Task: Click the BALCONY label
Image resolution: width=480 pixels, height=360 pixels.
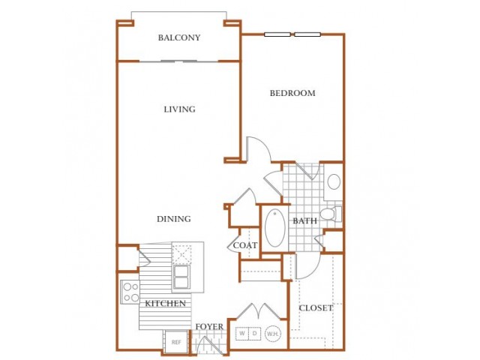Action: click(179, 37)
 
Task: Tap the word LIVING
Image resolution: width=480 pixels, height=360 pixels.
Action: click(179, 109)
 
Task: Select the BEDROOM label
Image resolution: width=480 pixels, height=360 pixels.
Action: click(292, 93)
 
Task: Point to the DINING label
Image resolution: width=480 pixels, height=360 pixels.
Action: click(173, 219)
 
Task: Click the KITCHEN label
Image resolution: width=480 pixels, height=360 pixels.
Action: click(165, 303)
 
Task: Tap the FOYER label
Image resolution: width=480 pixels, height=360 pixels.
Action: click(209, 327)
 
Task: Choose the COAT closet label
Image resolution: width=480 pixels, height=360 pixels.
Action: click(245, 245)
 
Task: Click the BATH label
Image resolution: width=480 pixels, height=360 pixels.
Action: click(304, 220)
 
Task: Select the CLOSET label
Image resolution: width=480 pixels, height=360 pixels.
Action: click(316, 307)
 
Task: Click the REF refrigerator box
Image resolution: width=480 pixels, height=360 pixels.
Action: click(176, 342)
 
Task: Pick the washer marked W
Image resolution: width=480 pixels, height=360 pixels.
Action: click(242, 334)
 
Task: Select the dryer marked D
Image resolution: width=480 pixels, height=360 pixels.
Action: click(255, 334)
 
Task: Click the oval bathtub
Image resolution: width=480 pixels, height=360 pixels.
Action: click(275, 228)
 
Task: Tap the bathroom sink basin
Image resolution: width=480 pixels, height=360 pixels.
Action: click(334, 181)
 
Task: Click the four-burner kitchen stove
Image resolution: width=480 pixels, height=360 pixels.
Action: click(130, 292)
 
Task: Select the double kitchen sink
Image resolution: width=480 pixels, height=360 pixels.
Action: click(181, 277)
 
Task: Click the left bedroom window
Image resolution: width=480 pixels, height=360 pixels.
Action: click(277, 34)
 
